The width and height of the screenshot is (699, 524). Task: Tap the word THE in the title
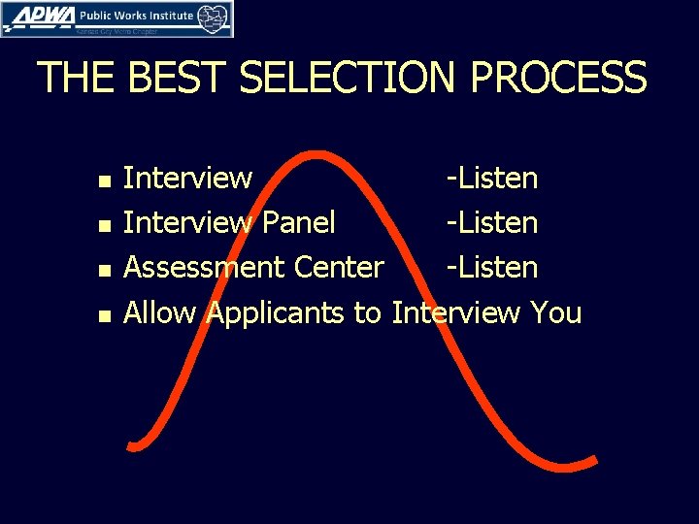77,79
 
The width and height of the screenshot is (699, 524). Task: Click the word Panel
299,223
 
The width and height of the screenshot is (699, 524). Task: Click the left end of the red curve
132,445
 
